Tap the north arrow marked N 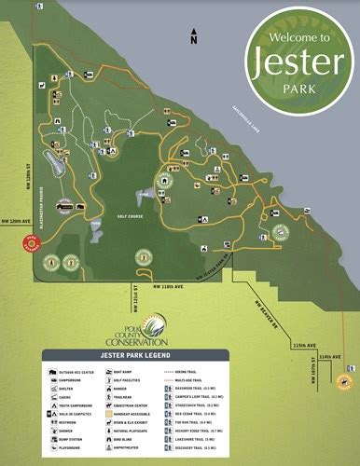(x=193, y=36)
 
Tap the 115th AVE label (x=304, y=346)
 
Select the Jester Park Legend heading (x=179, y=355)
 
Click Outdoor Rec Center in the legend (x=75, y=370)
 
